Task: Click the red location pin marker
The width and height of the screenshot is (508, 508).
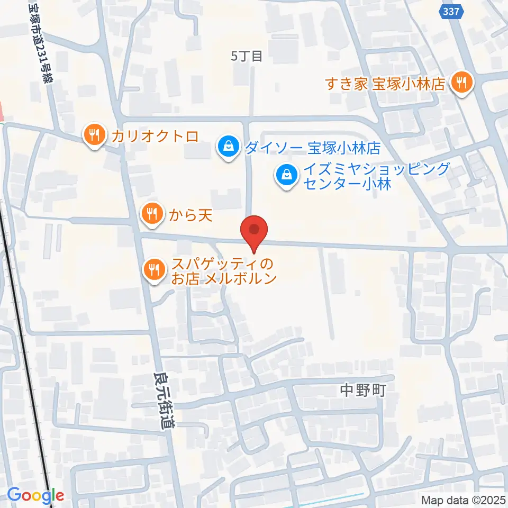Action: (254, 231)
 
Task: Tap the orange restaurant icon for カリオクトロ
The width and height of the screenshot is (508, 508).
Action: (94, 135)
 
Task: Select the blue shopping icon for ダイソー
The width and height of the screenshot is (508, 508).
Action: (228, 147)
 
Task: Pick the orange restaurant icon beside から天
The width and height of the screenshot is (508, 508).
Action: (152, 214)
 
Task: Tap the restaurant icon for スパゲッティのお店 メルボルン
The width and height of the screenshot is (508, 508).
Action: (154, 269)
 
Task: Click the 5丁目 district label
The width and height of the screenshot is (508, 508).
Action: (247, 57)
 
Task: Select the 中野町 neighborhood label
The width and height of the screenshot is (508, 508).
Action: (361, 391)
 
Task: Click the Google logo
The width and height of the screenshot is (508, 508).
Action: (35, 495)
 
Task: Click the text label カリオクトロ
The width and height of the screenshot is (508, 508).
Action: (155, 136)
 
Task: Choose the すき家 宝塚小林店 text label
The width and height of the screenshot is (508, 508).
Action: (385, 84)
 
